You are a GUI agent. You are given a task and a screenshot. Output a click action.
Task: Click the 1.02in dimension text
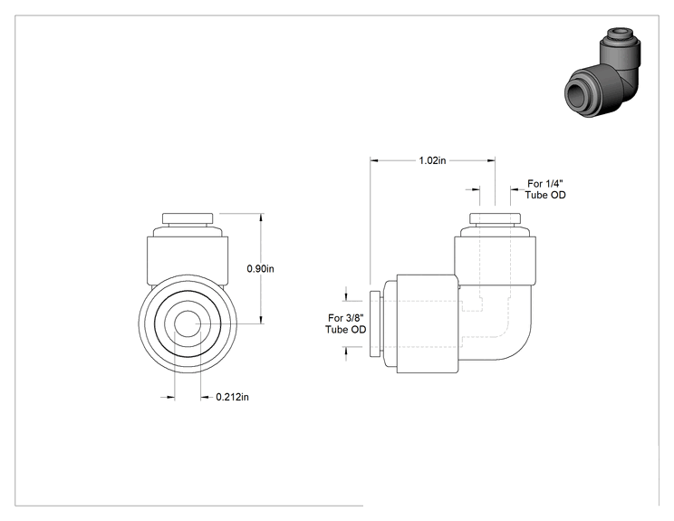click(x=432, y=160)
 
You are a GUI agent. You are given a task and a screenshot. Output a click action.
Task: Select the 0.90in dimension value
click(x=261, y=269)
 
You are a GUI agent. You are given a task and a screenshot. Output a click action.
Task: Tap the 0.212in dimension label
click(x=232, y=397)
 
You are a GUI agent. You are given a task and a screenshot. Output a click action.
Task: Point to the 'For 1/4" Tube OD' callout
click(x=545, y=189)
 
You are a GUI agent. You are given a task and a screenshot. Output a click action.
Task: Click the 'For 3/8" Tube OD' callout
click(x=345, y=323)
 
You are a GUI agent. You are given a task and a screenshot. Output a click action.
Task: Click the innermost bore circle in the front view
click(x=187, y=323)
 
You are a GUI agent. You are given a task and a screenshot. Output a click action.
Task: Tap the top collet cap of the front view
click(x=188, y=218)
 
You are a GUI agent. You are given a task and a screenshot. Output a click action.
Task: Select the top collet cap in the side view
click(x=496, y=218)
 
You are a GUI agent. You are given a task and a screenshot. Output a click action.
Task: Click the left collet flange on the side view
click(x=374, y=323)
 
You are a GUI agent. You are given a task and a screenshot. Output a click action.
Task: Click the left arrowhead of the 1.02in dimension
click(x=374, y=160)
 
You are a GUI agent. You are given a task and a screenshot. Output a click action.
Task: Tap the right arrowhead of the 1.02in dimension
click(x=491, y=160)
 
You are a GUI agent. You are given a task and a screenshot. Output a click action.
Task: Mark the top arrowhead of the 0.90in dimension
click(x=260, y=217)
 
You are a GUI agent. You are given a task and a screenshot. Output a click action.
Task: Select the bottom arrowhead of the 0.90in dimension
click(x=260, y=319)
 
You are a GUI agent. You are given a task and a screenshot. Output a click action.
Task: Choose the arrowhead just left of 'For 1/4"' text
click(x=515, y=188)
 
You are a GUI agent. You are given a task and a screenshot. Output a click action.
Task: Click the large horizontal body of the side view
click(x=427, y=323)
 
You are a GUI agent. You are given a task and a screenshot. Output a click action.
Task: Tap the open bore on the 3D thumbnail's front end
click(x=575, y=92)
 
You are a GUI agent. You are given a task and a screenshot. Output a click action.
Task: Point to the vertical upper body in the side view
click(x=496, y=260)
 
